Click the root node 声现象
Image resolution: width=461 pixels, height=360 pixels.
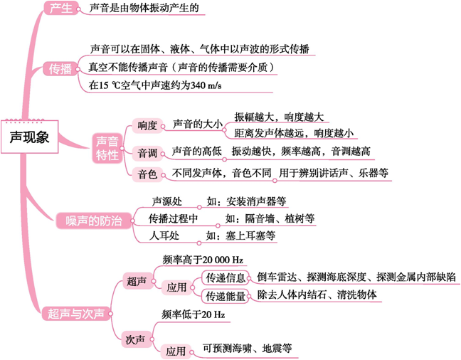point(29,137)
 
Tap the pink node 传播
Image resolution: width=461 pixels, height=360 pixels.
point(60,69)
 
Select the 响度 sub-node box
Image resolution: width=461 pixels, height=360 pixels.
point(147,125)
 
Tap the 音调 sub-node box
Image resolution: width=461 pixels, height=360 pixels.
point(147,152)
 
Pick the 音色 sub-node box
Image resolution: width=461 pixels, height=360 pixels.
point(147,174)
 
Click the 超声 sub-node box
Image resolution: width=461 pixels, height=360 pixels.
point(135,281)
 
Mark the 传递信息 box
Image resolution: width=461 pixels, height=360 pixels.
point(226,277)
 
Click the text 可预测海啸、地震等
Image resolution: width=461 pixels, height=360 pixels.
point(247,349)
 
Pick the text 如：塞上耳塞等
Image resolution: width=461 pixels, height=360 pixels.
point(240,235)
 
